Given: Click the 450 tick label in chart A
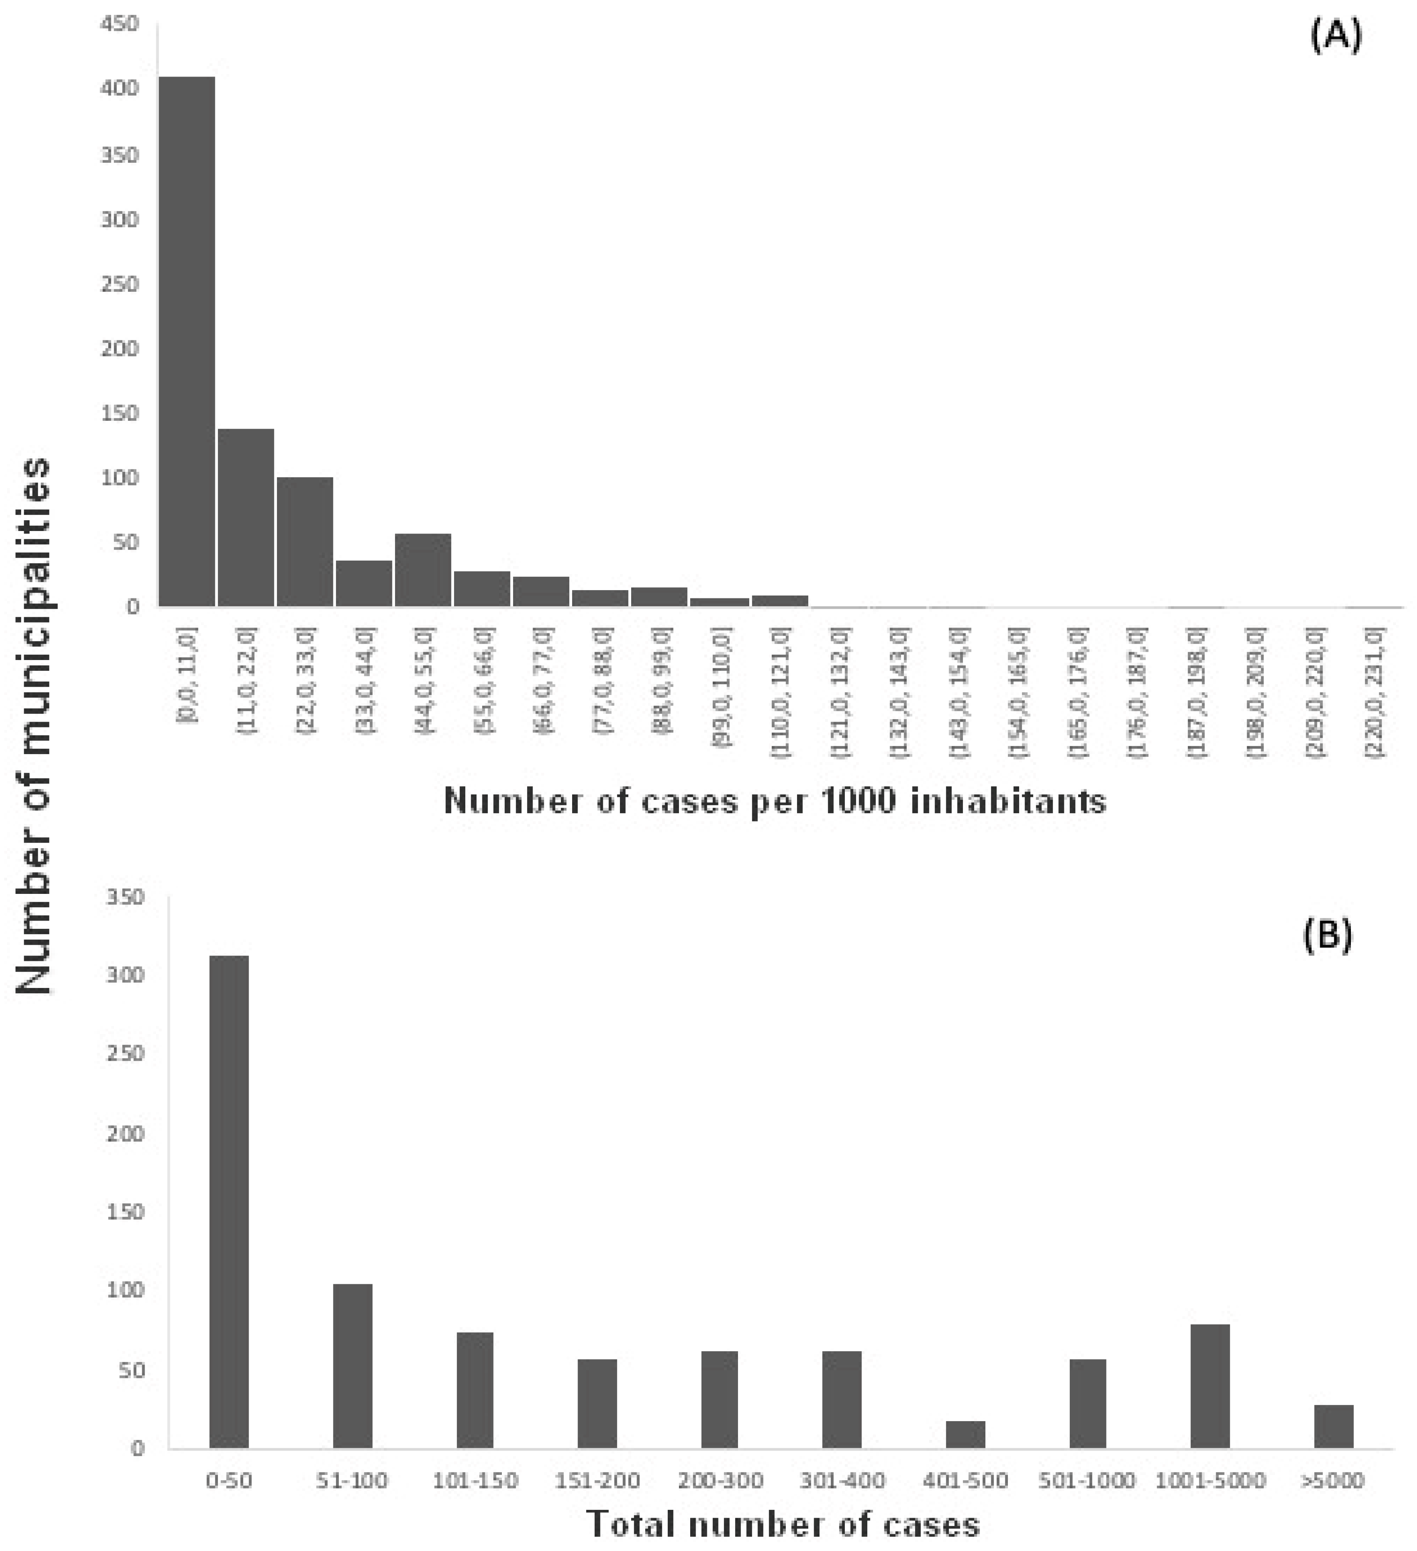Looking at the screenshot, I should [x=120, y=25].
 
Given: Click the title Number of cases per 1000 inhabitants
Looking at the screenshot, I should [x=775, y=801].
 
